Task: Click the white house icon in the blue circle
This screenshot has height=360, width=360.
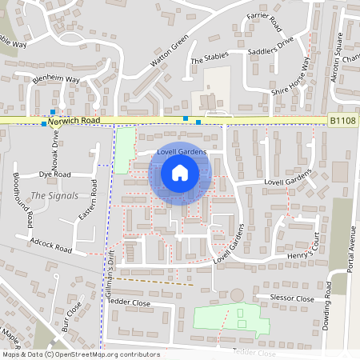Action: click(180, 172)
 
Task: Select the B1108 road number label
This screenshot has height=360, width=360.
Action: click(342, 121)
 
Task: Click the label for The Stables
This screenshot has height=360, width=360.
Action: click(210, 60)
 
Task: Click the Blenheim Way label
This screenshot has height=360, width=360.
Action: click(56, 80)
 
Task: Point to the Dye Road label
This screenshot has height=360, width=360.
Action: click(55, 174)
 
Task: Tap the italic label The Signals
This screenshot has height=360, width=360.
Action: click(54, 195)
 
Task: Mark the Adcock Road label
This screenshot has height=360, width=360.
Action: click(50, 245)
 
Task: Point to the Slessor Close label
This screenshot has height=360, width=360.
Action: click(293, 298)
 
